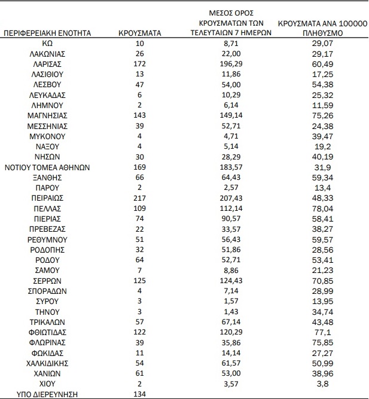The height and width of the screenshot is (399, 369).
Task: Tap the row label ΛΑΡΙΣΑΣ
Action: coord(47,64)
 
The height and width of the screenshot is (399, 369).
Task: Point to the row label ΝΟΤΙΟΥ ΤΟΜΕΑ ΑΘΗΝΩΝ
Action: coord(47,168)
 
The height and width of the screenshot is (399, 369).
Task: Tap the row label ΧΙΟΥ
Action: coord(47,383)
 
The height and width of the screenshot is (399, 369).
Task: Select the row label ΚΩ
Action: coord(47,44)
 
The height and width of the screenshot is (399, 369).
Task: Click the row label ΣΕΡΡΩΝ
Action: coord(47,280)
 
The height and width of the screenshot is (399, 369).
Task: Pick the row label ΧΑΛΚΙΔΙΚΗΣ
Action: coord(47,363)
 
